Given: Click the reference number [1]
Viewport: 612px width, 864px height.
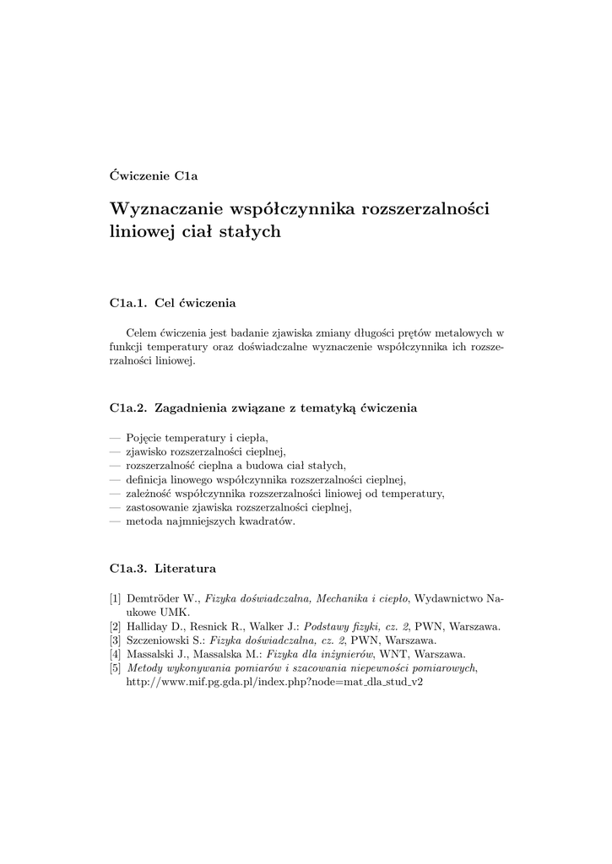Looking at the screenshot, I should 116,598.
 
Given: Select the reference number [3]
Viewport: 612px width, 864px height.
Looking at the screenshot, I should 116,640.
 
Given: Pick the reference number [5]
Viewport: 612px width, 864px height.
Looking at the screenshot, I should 116,667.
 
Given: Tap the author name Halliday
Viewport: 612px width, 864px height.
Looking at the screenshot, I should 149,626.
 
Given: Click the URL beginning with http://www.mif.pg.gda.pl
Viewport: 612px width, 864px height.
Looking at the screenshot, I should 274,682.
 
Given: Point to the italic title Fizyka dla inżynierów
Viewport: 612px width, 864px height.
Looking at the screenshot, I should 320,654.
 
